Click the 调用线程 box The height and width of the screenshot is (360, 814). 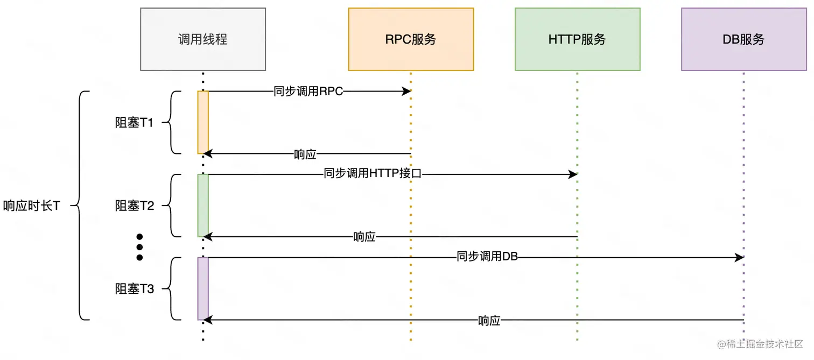pos(203,39)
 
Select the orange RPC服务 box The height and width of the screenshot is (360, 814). pos(411,39)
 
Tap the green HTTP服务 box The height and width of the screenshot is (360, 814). pos(577,39)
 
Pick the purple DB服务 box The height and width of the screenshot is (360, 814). pos(743,39)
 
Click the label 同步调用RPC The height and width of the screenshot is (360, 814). pos(308,91)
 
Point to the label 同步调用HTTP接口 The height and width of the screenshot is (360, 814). pos(373,174)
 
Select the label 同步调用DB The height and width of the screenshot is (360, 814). pos(487,257)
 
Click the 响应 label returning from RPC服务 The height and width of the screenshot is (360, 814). pos(305,154)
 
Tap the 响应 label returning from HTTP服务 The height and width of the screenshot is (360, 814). pos(364,237)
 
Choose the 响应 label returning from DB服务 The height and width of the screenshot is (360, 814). pos(489,321)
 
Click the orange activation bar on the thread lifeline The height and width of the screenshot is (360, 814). pos(203,122)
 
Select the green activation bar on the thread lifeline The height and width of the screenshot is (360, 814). pos(203,205)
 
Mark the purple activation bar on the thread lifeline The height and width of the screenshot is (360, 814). pos(203,288)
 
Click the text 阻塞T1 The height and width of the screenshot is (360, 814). pos(135,123)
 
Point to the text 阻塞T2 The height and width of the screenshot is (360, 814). pos(135,206)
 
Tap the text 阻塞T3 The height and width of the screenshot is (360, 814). pos(135,289)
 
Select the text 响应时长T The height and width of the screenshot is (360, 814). pos(31,206)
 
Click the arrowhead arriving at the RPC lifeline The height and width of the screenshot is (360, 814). pos(406,91)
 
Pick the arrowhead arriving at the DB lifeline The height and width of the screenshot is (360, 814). pos(739,257)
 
